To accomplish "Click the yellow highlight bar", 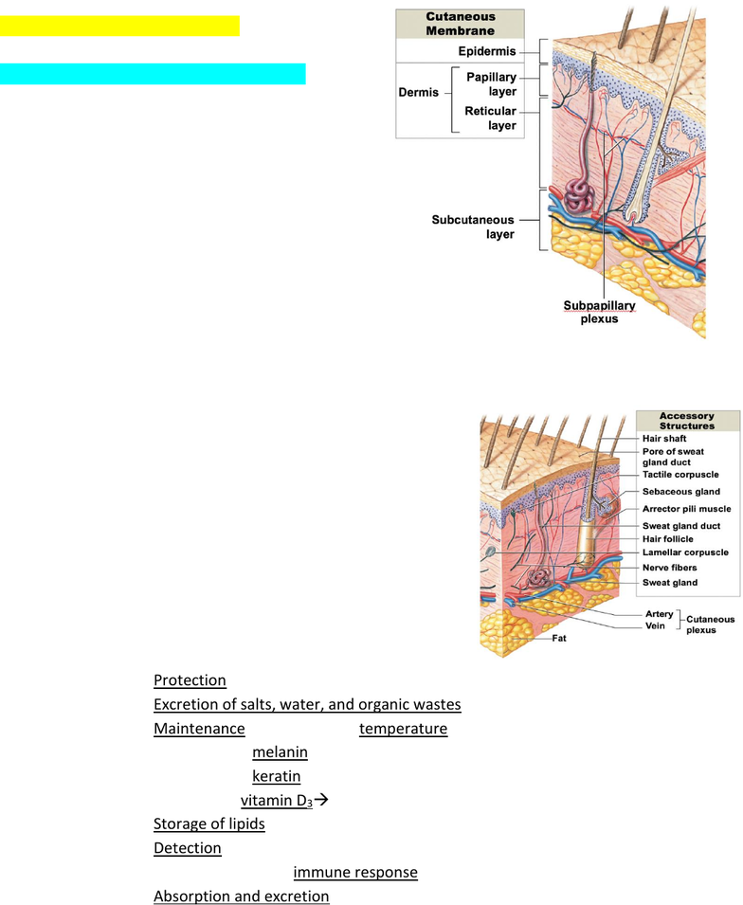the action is [119, 26].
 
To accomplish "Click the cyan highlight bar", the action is [153, 74].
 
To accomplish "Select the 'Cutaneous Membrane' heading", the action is [461, 24].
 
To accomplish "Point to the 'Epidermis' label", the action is [487, 51].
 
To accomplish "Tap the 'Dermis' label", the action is [419, 92].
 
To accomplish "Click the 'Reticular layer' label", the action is [490, 118].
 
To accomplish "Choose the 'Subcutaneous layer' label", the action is [473, 226].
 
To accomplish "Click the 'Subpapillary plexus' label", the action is [599, 312].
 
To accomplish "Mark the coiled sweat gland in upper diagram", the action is [578, 196].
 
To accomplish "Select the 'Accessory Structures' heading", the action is [687, 421].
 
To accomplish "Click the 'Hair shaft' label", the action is [664, 439].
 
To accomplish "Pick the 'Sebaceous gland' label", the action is [681, 492].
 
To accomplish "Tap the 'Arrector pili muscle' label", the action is [686, 509].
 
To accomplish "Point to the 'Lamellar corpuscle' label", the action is [685, 552].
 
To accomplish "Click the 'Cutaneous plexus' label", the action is [710, 624].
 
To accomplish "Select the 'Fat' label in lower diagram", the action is [559, 639].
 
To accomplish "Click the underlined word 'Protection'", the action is [190, 680].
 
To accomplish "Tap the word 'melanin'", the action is [280, 752].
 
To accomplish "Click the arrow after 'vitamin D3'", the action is [321, 800].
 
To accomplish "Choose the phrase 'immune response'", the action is [355, 872].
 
